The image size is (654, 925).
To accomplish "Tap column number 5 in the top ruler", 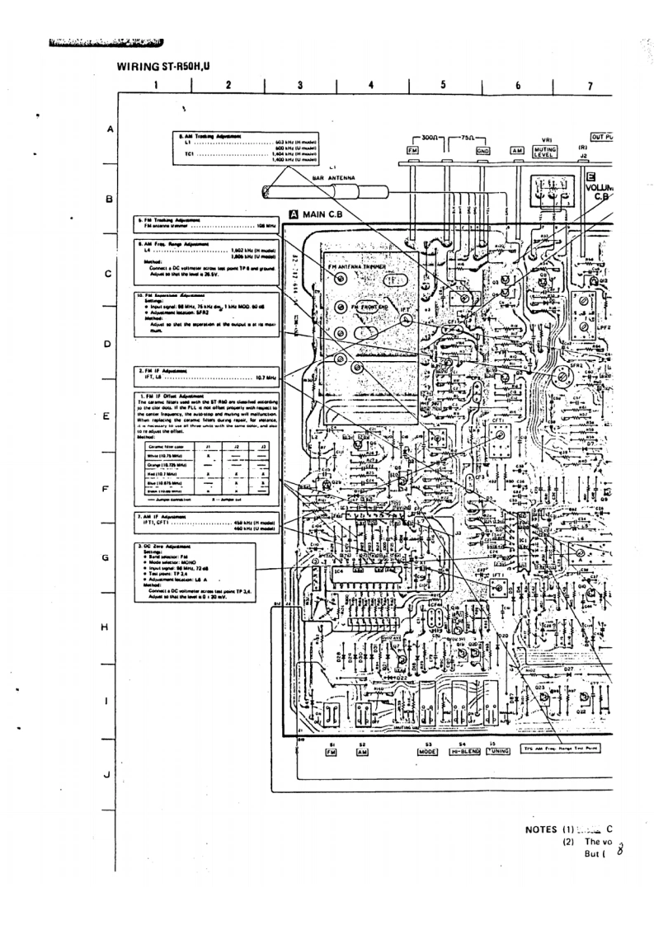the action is [x=443, y=85].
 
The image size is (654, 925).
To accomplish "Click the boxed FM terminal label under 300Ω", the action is [x=414, y=151].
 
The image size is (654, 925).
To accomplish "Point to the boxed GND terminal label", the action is [x=483, y=151].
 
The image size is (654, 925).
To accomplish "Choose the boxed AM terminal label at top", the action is [x=518, y=151].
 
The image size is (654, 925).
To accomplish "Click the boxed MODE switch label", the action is [x=428, y=752].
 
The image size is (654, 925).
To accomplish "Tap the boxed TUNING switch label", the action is [x=499, y=752].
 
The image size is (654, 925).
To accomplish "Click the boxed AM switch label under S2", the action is [x=363, y=752].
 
